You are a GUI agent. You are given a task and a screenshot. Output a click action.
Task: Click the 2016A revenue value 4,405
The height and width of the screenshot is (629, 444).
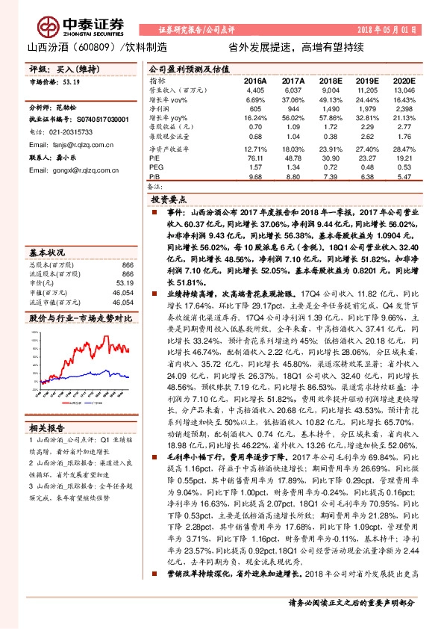(255, 89)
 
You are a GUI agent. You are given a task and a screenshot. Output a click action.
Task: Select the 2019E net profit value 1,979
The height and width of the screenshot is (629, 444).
(368, 108)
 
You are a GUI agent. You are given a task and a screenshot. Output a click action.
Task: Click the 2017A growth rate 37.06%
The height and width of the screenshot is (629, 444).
(293, 99)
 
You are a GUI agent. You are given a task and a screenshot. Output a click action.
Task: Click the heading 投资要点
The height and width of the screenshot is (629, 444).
(169, 199)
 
